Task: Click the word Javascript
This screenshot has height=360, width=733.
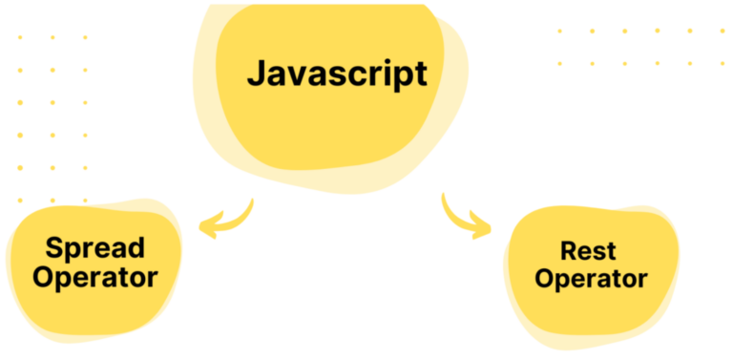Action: click(337, 74)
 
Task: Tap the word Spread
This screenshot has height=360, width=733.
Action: click(95, 248)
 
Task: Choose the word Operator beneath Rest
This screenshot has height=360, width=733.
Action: click(592, 280)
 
